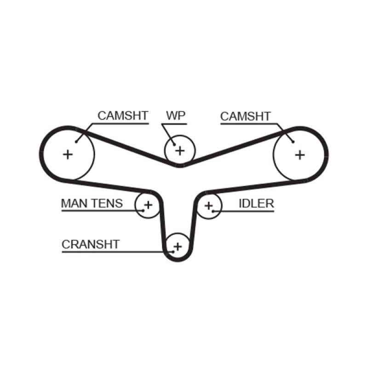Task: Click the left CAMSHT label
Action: [123, 116]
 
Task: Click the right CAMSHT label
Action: [246, 116]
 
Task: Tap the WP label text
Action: [175, 116]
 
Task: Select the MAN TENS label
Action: [92, 203]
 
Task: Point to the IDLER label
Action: [256, 203]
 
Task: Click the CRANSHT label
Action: [91, 244]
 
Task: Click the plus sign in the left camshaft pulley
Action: [68, 154]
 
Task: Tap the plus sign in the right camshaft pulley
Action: [300, 155]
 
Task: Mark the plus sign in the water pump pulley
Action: [180, 150]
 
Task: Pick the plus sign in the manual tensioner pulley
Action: [148, 204]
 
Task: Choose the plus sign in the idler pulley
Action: [209, 205]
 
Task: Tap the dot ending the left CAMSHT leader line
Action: [76, 142]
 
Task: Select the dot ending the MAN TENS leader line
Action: [144, 211]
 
